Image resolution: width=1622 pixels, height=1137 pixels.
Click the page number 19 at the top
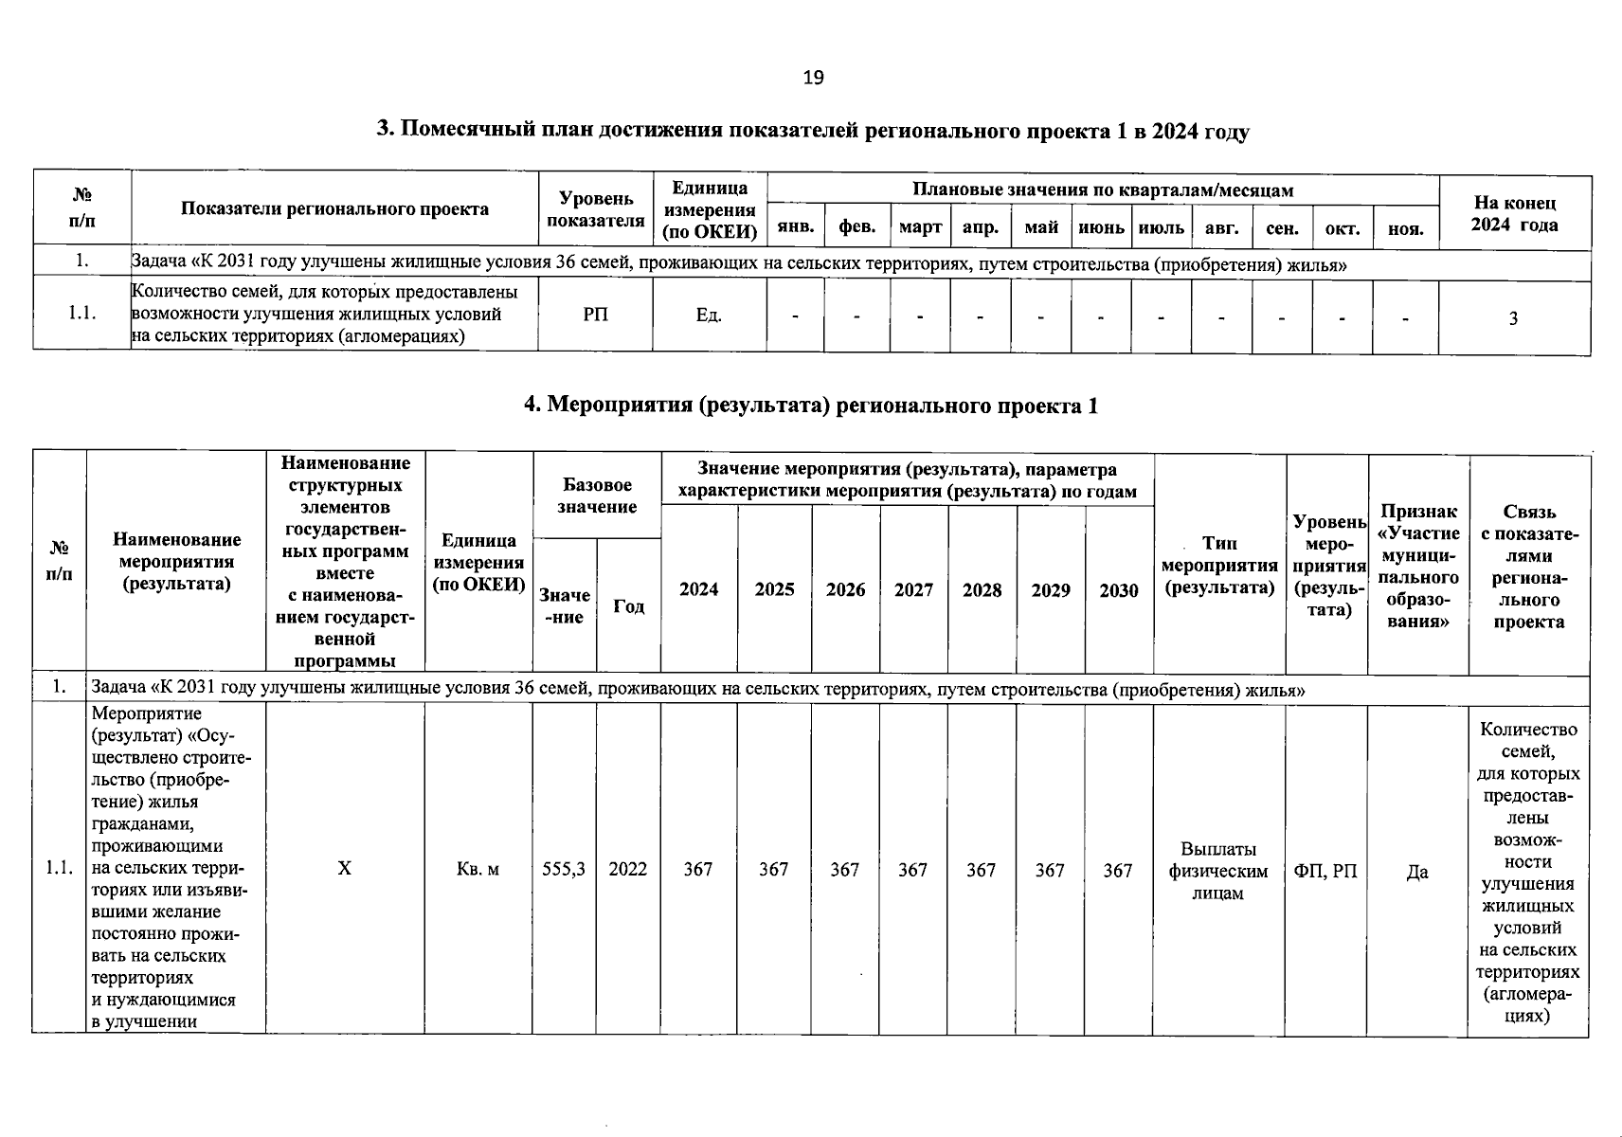[813, 78]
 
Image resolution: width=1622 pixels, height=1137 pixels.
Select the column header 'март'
[920, 228]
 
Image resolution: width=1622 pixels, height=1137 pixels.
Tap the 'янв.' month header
[795, 228]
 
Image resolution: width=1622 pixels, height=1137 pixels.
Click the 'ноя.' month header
[1405, 228]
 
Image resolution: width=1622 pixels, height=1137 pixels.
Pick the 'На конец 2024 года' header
[1514, 214]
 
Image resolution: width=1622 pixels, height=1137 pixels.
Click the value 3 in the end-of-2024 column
[1513, 318]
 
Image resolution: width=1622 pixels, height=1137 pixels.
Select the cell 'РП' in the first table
[596, 315]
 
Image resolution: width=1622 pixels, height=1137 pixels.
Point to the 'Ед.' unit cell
[709, 315]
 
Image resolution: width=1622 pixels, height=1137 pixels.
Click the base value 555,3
[564, 869]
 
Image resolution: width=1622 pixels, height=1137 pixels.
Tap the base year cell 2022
[628, 869]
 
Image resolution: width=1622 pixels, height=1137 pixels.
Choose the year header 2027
[913, 590]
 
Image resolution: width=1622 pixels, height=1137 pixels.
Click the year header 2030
[1118, 590]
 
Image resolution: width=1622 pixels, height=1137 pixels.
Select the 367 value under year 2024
[698, 869]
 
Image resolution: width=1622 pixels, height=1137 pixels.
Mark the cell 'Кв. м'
[478, 869]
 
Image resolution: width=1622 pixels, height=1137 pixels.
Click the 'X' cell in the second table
[345, 869]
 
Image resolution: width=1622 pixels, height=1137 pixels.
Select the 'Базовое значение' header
[597, 496]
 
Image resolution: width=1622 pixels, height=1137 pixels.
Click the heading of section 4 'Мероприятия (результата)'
[811, 406]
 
